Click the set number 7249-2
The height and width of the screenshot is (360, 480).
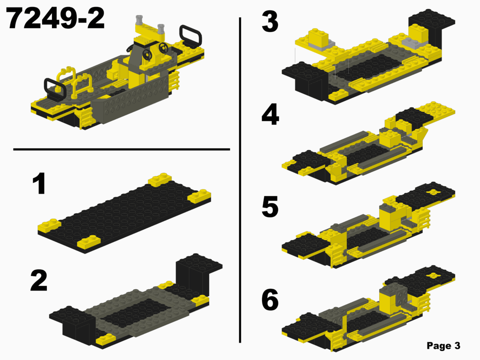(56, 19)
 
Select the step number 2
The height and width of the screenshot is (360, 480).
(38, 280)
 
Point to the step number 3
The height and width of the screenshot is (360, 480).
(270, 22)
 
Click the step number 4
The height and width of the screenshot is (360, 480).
(270, 115)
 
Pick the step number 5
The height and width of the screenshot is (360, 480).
(270, 207)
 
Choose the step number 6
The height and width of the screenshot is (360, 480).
(270, 300)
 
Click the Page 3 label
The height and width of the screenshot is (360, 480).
(443, 346)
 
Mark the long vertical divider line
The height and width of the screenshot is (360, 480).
(240, 178)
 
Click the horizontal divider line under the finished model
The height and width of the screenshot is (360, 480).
(122, 150)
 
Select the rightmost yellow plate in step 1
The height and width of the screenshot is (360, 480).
(199, 196)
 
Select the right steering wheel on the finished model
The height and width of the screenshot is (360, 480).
(164, 48)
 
